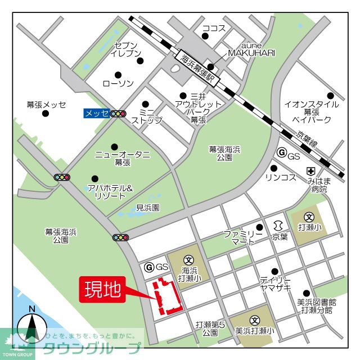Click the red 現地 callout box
102,290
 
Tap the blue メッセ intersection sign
96,113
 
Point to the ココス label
213,28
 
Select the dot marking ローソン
118,74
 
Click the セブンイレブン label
125,49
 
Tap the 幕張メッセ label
46,105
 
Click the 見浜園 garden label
148,208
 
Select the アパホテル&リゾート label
110,192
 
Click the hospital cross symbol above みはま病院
310,171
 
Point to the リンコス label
281,178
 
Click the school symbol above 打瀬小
309,217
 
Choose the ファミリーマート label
242,237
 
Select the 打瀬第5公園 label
210,328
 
